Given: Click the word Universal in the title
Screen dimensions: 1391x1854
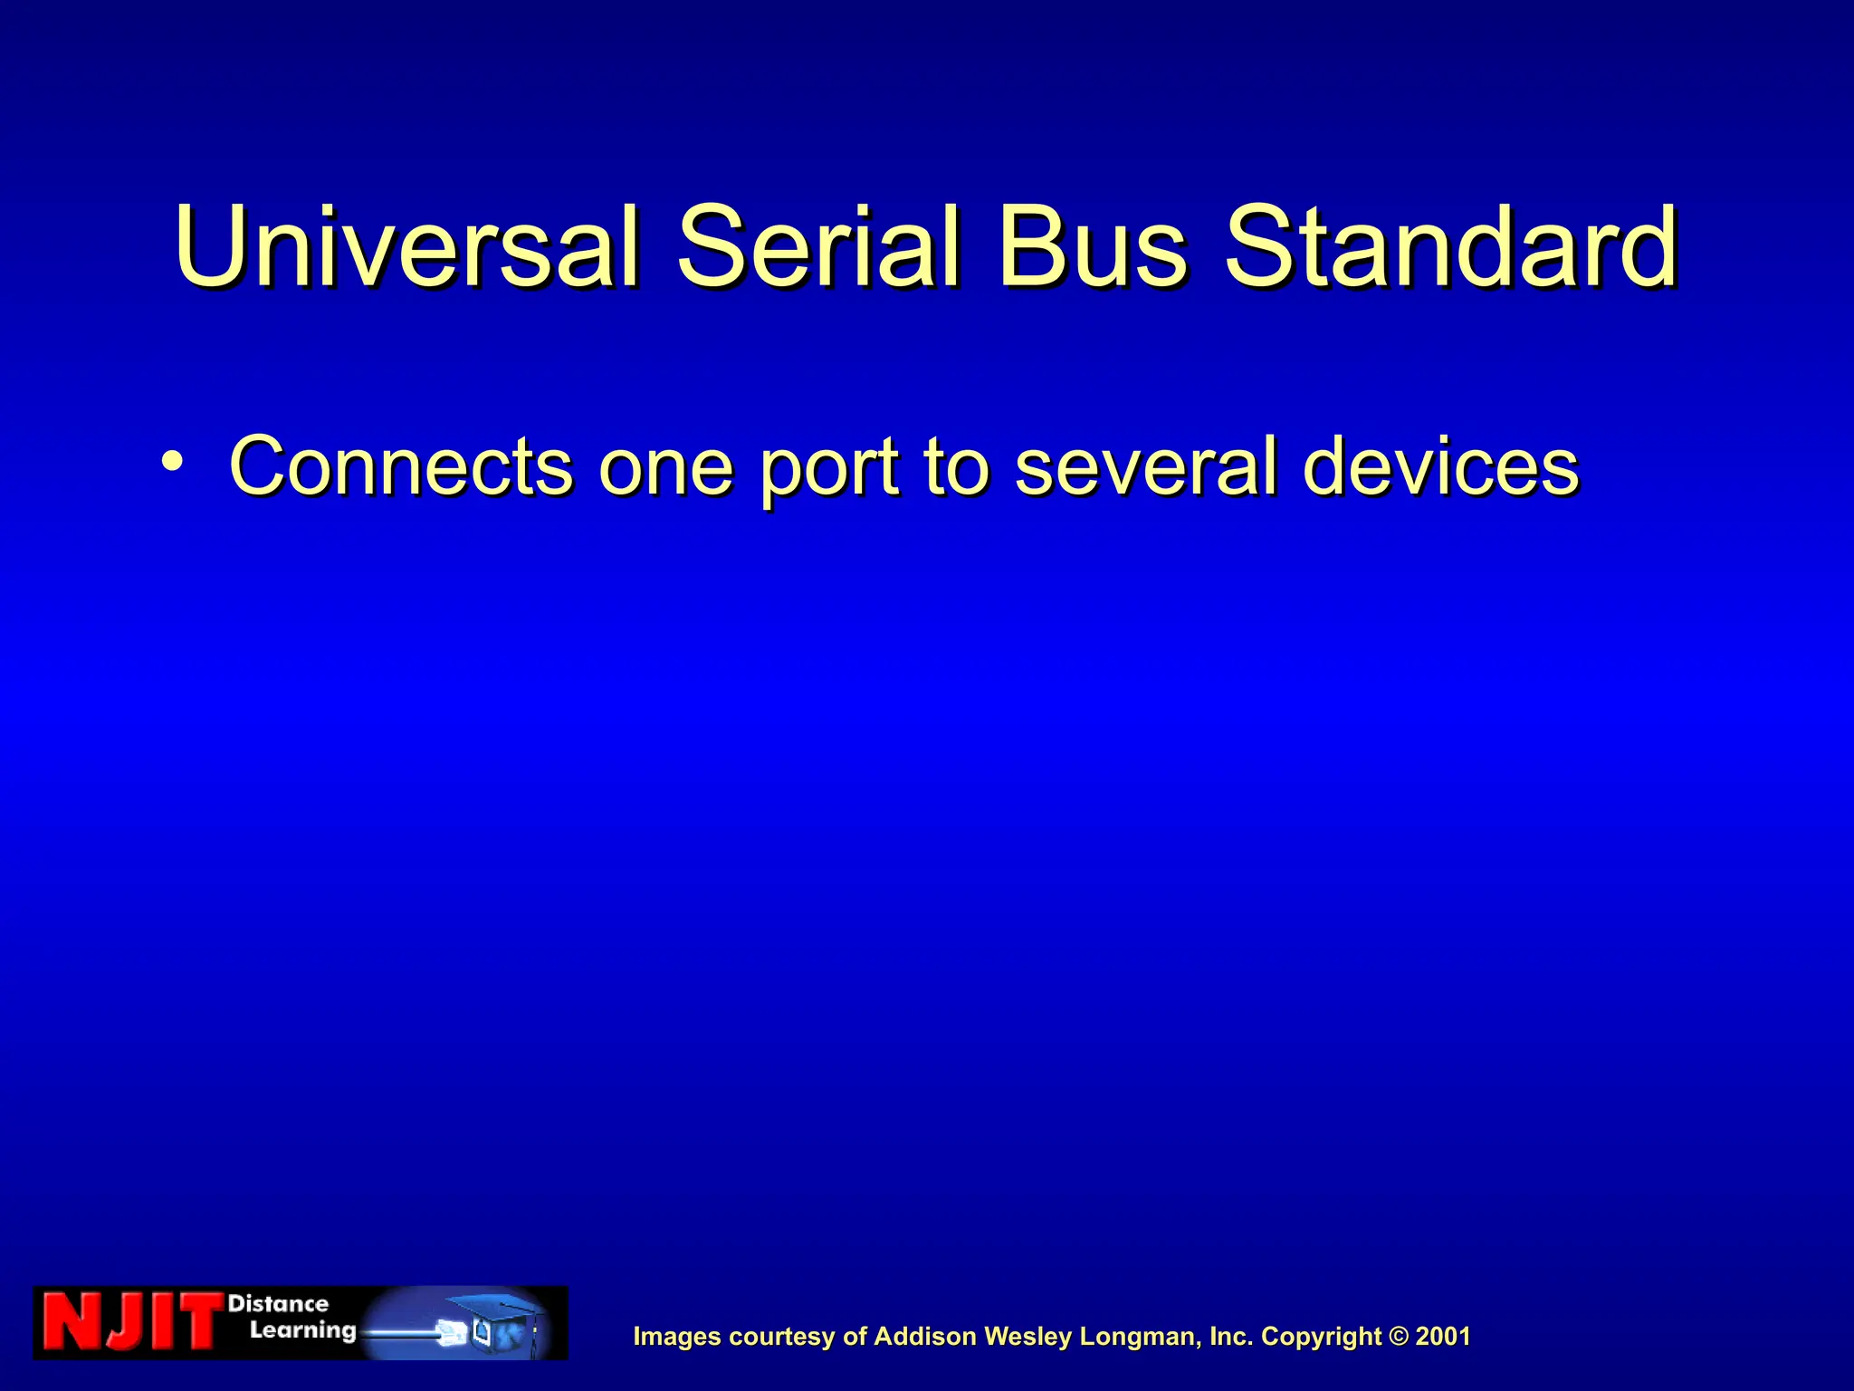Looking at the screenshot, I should coord(407,246).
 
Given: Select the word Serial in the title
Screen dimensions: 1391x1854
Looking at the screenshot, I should coord(818,246).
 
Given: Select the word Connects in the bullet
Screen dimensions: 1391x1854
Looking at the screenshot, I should coord(401,466).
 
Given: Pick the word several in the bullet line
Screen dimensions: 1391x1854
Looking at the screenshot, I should coord(1146,466).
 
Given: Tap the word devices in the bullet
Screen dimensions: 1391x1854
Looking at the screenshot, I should coord(1440,466).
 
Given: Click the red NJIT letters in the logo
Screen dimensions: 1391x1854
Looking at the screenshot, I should coord(131,1322).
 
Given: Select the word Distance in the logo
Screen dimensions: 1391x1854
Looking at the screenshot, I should coord(278,1304).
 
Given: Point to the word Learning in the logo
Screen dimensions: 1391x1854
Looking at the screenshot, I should coord(302,1331).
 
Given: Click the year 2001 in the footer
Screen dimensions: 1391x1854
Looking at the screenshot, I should coord(1443,1337).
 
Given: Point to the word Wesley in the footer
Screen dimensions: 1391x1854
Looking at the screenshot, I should coord(1028,1338).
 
